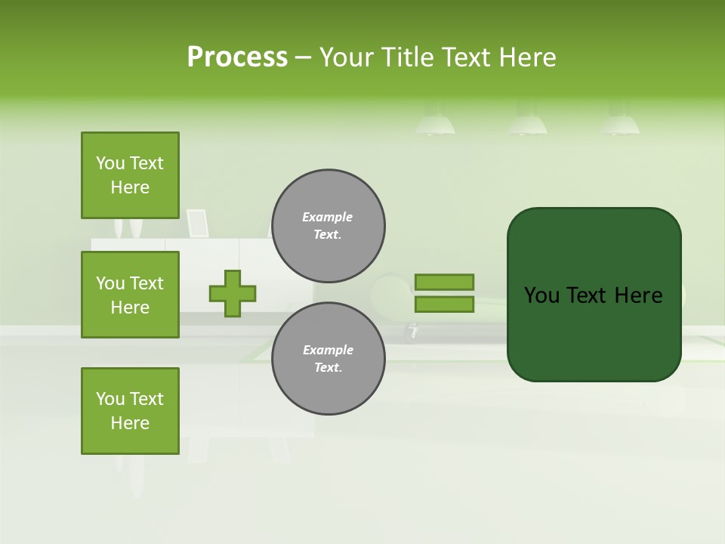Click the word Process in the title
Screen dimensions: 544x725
tap(237, 57)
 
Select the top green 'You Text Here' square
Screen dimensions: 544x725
tap(130, 175)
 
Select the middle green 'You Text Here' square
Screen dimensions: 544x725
tap(130, 295)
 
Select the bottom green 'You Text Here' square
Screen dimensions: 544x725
tap(130, 411)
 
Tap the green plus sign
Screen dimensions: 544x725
tap(233, 293)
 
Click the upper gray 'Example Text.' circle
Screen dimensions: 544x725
tap(328, 226)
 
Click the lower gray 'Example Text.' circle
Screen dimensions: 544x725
tap(328, 359)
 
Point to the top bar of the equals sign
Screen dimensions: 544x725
tap(444, 282)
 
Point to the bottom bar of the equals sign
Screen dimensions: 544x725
tap(444, 304)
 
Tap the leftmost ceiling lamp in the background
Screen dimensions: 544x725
tap(435, 123)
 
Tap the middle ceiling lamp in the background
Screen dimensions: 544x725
tap(527, 123)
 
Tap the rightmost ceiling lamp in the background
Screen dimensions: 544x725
tap(619, 123)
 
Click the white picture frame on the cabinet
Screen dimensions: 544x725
tap(197, 223)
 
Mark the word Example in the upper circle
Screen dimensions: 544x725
tap(328, 217)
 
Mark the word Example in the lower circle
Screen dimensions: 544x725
tap(328, 350)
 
